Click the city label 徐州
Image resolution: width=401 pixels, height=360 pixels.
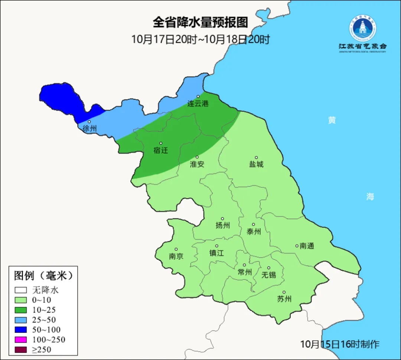point(89,129)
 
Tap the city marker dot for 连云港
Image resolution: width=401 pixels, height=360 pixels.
point(198,97)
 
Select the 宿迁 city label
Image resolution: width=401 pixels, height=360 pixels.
point(160,150)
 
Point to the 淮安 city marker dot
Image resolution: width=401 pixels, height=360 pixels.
point(197,157)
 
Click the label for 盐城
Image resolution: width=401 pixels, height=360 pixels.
point(256,164)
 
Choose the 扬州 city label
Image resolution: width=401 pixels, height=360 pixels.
point(222,226)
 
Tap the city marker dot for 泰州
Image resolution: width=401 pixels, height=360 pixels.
point(254,224)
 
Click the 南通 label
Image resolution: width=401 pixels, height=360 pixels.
point(307,246)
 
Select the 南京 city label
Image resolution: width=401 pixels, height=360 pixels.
point(176,256)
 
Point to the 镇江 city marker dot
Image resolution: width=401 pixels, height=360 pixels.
point(217,246)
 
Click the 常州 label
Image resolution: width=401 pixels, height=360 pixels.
point(244,272)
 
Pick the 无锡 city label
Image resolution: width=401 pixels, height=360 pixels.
point(268,275)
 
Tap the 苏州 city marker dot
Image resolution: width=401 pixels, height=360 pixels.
point(284,292)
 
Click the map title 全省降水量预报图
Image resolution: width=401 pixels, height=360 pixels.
point(200,23)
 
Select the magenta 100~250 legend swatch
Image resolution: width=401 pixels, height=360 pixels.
point(21,340)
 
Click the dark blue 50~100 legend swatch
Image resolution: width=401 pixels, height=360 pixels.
point(21,330)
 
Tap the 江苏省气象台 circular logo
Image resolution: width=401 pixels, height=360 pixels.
point(362,28)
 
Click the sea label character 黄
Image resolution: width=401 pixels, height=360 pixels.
point(332,120)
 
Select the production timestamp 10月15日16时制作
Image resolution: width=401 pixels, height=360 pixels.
point(340,344)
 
